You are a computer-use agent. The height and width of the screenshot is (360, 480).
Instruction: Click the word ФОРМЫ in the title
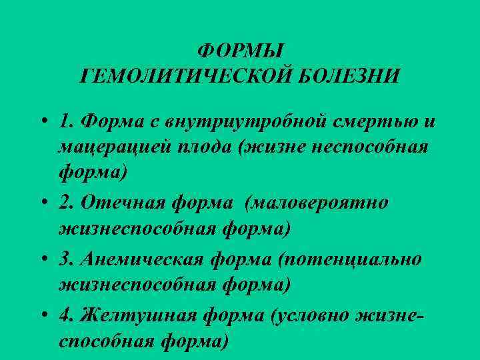tap(241, 51)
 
